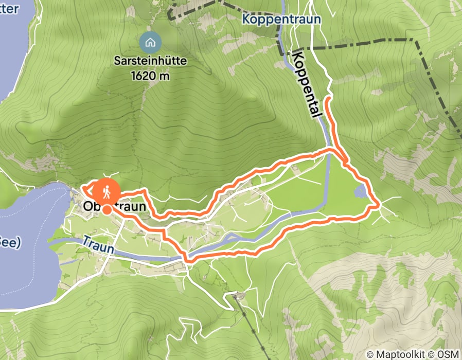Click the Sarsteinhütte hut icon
click(150, 41)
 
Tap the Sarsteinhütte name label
click(150, 61)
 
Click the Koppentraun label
click(282, 20)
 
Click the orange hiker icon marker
click(106, 192)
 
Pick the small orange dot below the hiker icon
click(106, 209)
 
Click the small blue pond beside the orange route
click(361, 192)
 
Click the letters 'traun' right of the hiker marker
click(133, 206)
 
